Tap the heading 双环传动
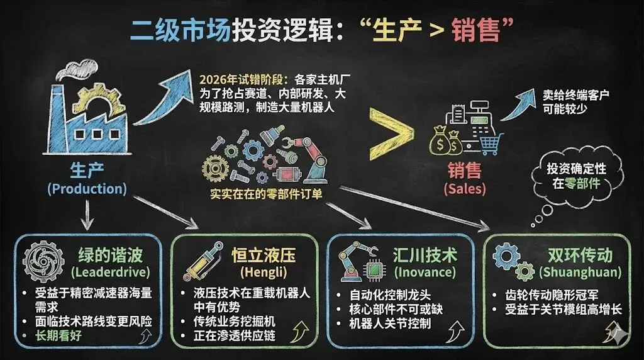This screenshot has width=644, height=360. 580,255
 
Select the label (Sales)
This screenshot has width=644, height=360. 464,188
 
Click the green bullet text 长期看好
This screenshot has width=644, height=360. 60,336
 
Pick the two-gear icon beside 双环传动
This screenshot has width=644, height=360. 514,261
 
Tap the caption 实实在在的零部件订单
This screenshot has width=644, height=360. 267,194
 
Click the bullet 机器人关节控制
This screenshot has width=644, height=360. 390,324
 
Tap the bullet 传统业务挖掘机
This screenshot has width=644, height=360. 235,322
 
